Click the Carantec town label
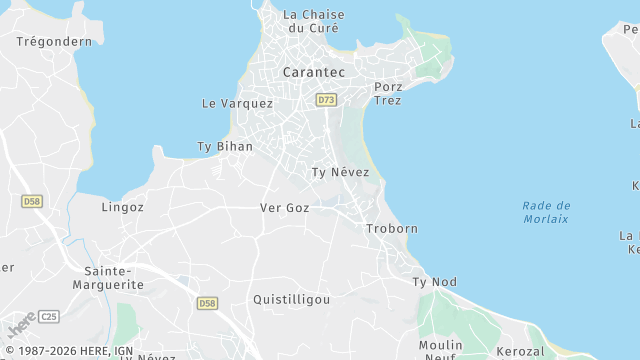314,73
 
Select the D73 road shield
326,100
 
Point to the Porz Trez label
388,93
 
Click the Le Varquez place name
237,103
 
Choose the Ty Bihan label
225,146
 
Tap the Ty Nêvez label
340,173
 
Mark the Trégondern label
54,42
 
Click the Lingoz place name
123,208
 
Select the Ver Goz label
284,208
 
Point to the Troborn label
392,229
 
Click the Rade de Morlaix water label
545,212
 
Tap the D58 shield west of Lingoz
32,202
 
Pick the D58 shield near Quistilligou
207,303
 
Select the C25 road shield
50,317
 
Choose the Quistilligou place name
291,299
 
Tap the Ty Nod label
434,282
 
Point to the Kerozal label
521,352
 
